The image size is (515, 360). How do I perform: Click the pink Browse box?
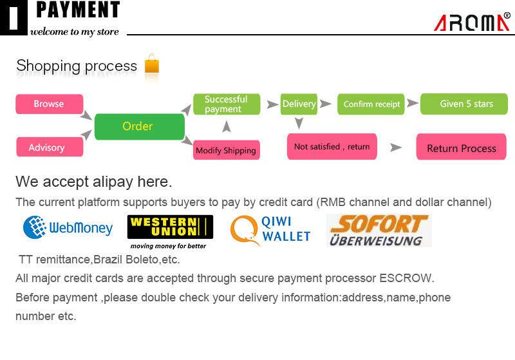50,104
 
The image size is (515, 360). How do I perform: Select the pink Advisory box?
50,147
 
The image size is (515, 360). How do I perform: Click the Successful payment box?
227,104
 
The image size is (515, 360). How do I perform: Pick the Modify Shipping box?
226,151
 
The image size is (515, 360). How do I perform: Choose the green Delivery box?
299,104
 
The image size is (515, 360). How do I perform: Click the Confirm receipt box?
371,104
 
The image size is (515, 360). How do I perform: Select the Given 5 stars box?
464,104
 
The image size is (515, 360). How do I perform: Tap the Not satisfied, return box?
332,147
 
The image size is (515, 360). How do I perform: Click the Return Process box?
461,148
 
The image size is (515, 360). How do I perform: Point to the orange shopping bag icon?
152,64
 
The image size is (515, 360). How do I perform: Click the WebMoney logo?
68,227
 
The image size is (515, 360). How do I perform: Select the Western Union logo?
170,231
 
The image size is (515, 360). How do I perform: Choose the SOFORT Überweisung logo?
379,231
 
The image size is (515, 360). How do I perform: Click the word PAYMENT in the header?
78,10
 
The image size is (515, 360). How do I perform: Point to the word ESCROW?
406,279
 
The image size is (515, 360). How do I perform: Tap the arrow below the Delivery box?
299,123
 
